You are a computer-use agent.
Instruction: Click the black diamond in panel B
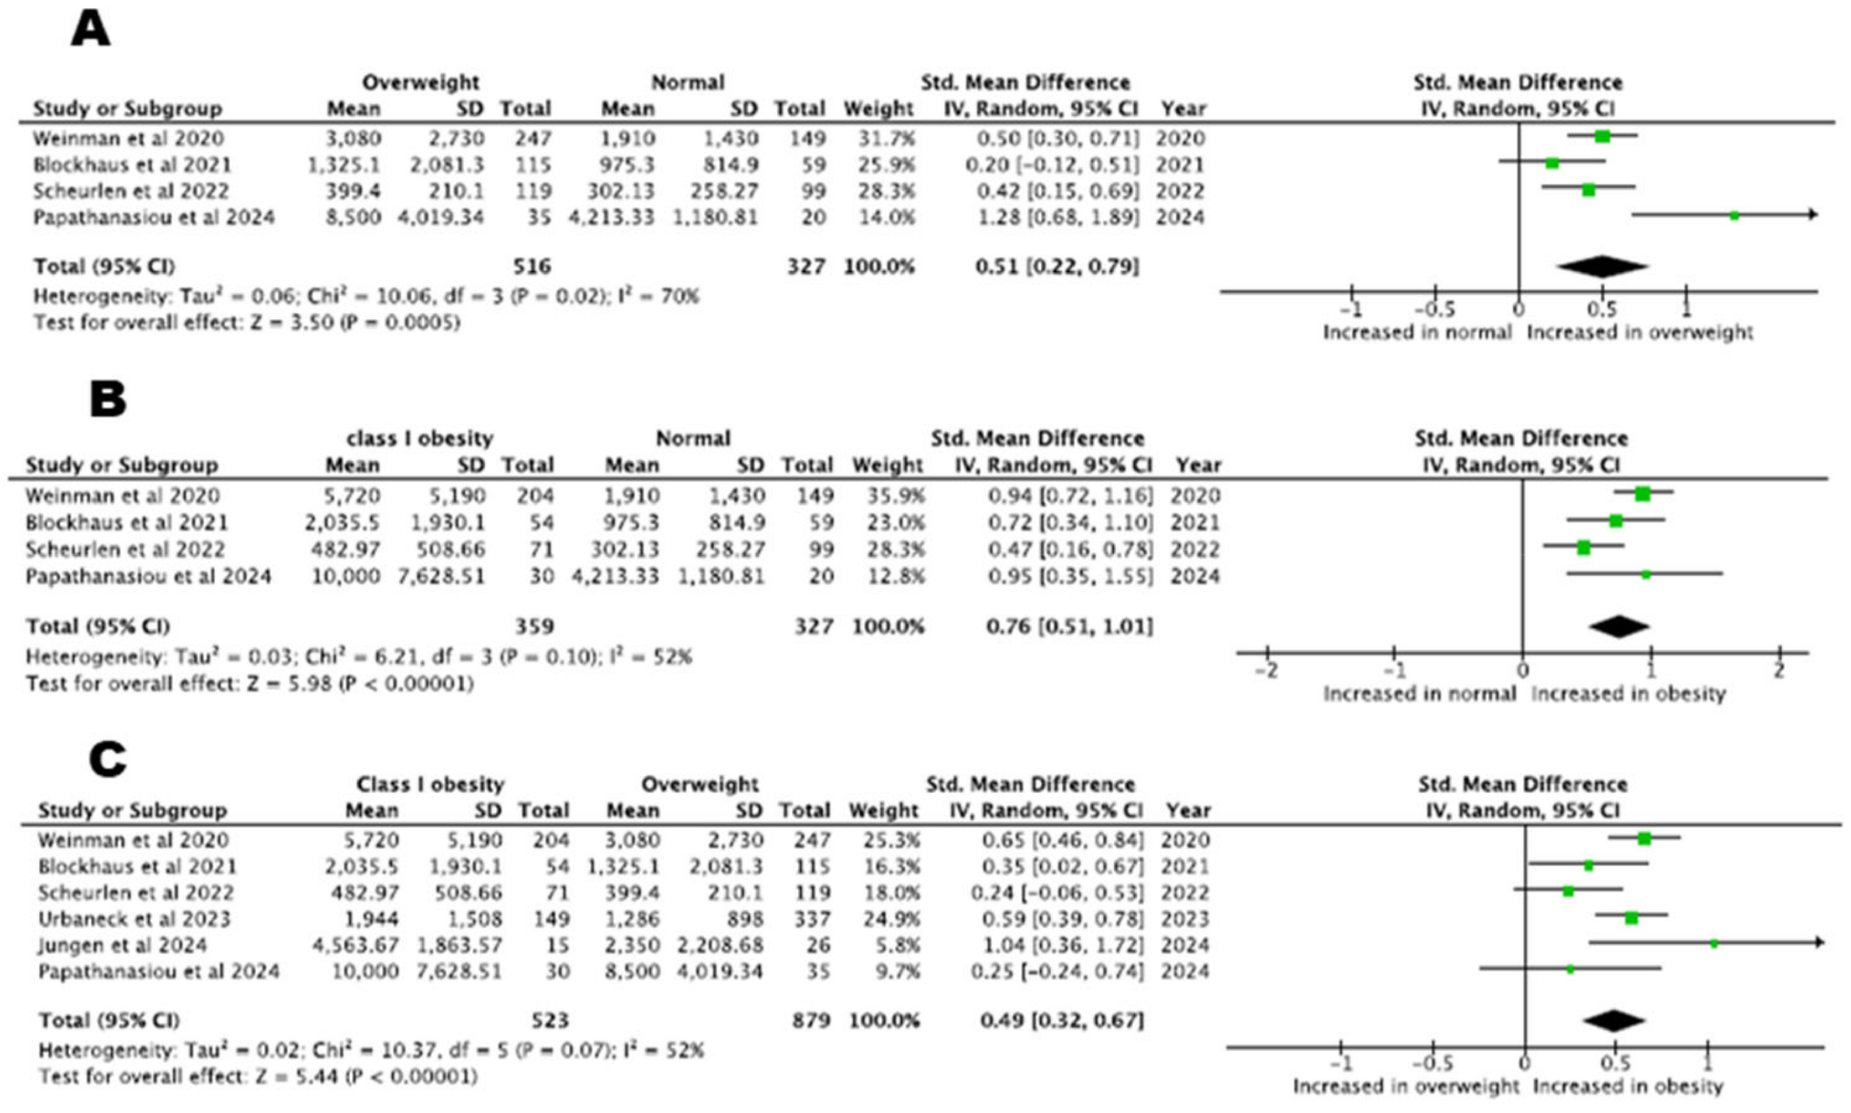[1618, 626]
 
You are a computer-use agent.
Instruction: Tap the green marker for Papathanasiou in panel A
[1734, 215]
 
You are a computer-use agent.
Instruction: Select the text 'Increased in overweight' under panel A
[1639, 332]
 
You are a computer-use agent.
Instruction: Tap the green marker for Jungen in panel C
[1714, 943]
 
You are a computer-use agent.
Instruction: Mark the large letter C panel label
[107, 759]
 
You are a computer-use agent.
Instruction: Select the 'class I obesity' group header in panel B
[419, 438]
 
